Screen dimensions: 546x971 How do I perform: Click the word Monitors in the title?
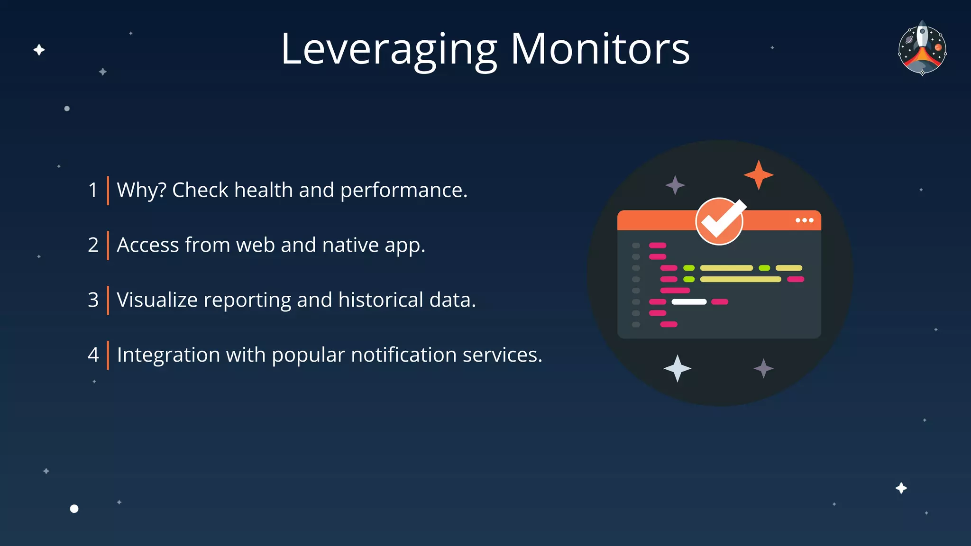[600, 49]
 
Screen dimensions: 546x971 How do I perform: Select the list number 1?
[93, 191]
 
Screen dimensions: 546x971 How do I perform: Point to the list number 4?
[93, 355]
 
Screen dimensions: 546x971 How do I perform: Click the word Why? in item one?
[141, 191]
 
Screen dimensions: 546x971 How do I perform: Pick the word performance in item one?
[403, 191]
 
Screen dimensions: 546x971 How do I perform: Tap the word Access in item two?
[147, 246]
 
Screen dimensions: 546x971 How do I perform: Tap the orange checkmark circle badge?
[719, 221]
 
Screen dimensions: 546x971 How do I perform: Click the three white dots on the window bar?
[804, 220]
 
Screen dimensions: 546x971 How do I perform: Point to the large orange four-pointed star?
[759, 175]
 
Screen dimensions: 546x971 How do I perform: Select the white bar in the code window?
[689, 302]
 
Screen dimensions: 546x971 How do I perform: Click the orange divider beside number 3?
[108, 300]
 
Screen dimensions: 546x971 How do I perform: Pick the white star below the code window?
[678, 368]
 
